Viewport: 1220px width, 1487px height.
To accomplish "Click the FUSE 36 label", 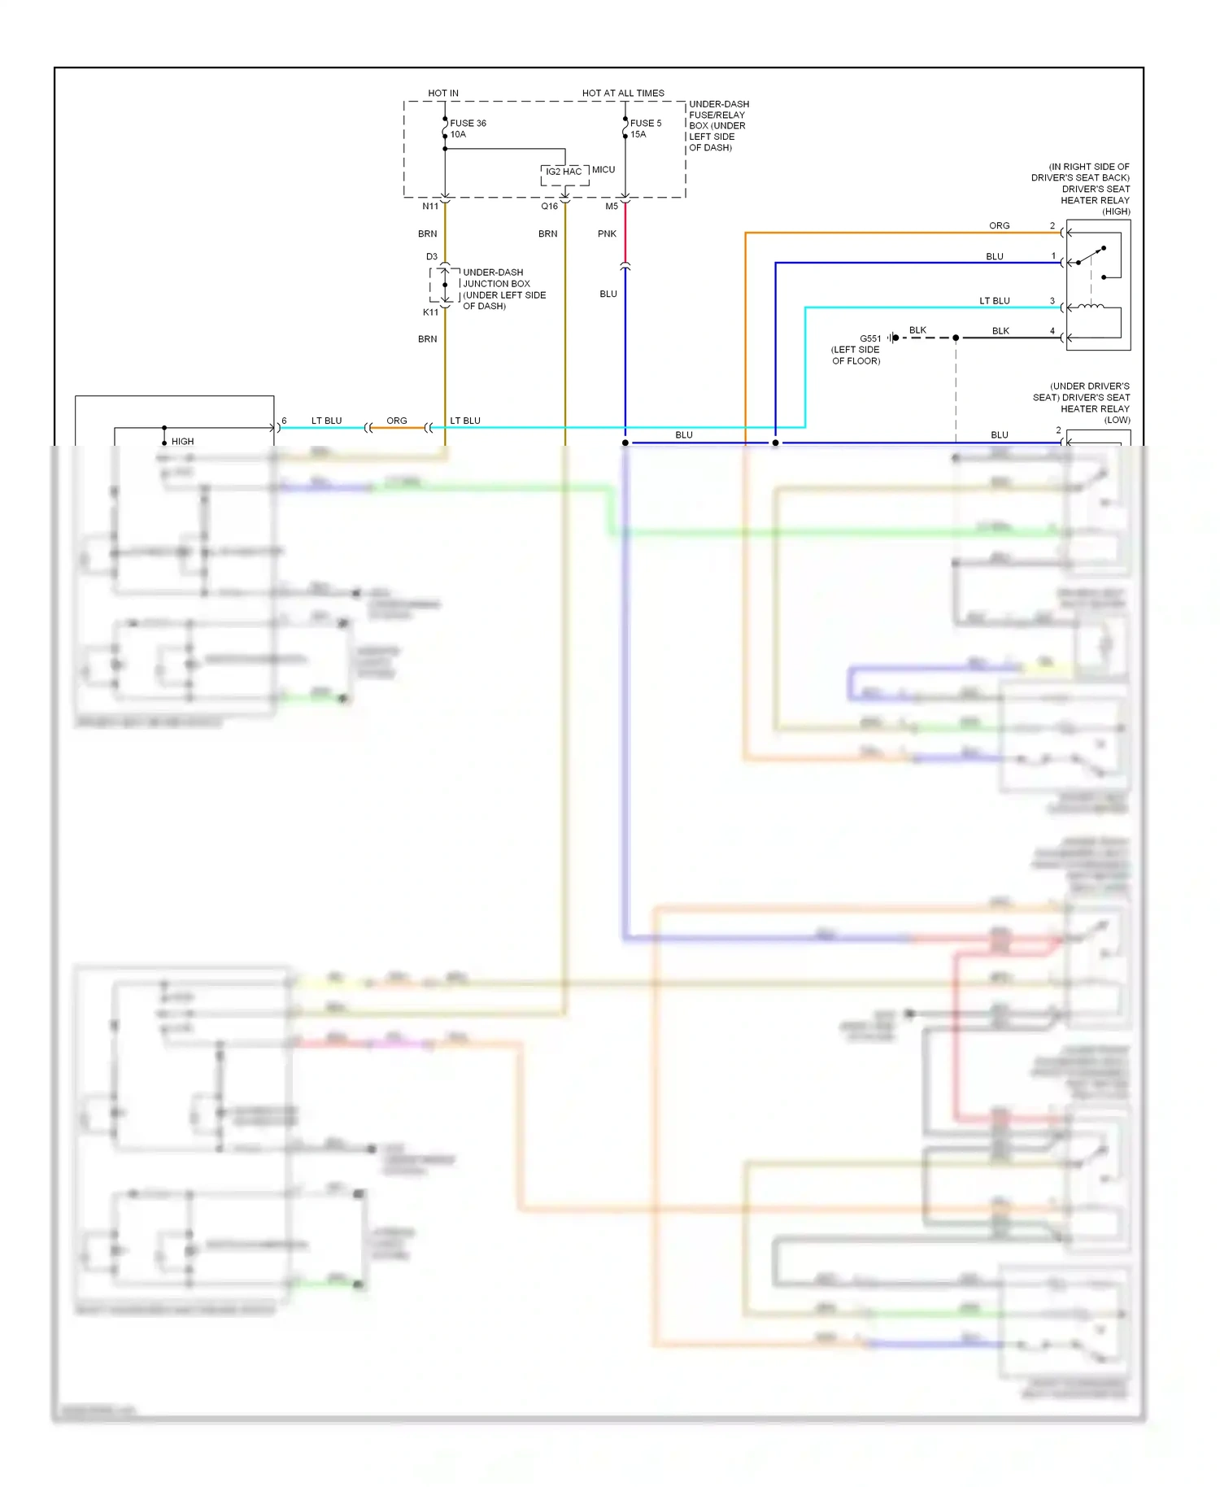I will (x=468, y=124).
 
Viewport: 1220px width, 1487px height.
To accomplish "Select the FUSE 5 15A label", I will (x=645, y=129).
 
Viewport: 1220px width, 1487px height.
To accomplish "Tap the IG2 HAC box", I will (x=564, y=172).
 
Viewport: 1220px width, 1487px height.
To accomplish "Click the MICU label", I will (x=603, y=170).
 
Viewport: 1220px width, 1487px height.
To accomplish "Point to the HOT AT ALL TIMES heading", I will (x=623, y=94).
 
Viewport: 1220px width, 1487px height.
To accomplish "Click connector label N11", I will (x=430, y=207).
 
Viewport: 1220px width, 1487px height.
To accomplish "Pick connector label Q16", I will (x=550, y=207).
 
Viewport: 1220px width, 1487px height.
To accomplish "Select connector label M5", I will (x=612, y=207).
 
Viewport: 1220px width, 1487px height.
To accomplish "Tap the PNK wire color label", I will (x=607, y=234).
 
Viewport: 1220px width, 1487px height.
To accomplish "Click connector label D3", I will (x=432, y=257).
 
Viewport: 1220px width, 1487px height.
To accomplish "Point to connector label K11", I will (x=430, y=312).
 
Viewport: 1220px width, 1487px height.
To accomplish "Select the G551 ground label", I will (x=870, y=339).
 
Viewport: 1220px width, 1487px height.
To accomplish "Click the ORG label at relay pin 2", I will (x=1000, y=226).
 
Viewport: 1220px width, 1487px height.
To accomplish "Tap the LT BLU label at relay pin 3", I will (x=994, y=301).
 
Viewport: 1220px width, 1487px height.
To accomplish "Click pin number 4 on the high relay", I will (x=1052, y=331).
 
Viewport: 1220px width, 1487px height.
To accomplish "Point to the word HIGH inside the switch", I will (x=182, y=442).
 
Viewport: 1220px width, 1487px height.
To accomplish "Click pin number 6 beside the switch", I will (x=284, y=421).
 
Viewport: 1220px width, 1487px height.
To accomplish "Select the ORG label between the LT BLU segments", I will (x=397, y=421).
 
